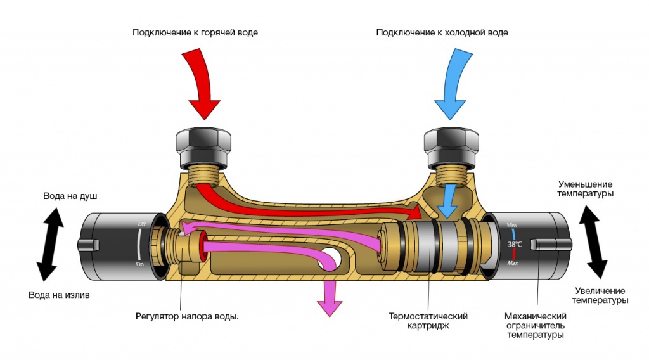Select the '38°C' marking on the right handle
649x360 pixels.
click(515, 243)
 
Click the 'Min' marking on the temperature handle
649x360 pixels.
click(511, 225)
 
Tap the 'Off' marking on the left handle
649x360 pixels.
click(141, 224)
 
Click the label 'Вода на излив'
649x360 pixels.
click(59, 295)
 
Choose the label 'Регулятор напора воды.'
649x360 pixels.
click(187, 316)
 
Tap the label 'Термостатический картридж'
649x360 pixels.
click(428, 321)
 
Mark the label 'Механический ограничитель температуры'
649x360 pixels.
click(535, 325)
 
